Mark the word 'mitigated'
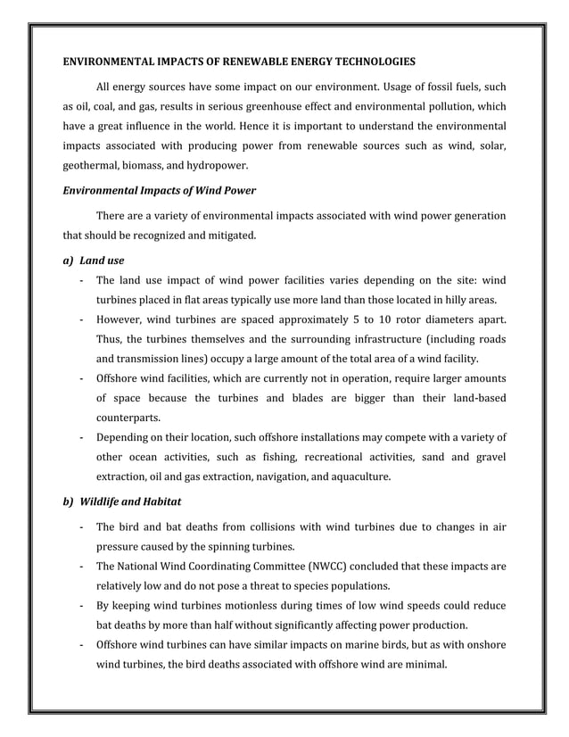pos(230,236)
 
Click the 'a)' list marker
pos(67,261)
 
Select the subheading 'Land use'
pos(102,261)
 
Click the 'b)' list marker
pos(67,501)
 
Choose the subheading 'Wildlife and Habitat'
pos(130,501)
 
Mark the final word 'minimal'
pos(423,665)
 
